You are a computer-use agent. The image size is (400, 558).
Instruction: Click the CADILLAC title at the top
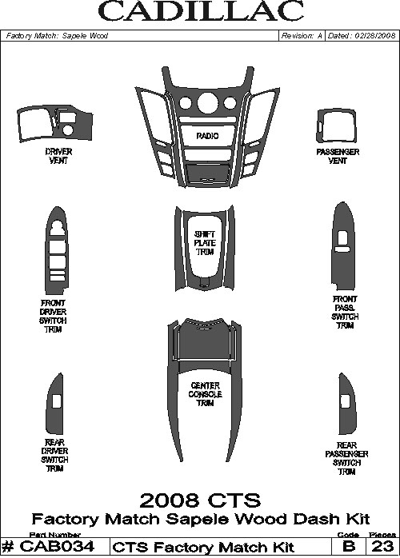pos(201,12)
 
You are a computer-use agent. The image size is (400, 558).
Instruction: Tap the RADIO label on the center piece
pos(208,136)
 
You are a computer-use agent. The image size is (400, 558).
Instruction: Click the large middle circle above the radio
pos(208,102)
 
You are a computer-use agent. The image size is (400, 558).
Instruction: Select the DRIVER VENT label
pos(58,156)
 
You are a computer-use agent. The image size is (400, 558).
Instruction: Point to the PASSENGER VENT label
pos(338,156)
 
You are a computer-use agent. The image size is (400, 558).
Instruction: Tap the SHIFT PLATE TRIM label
pos(205,243)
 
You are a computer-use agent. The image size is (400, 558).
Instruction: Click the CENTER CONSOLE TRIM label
pos(206,394)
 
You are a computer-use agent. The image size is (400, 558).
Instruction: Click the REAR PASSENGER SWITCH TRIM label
pos(346,459)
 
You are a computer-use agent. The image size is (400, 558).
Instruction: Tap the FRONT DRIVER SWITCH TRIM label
pos(53,317)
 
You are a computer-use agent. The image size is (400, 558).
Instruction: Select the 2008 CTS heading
pos(200,500)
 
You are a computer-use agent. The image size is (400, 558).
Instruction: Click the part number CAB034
pos(57,547)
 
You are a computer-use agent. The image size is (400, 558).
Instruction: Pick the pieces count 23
pos(382,547)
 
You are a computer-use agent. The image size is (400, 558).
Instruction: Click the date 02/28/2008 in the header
pos(375,36)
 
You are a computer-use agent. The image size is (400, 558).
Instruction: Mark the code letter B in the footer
pos(349,547)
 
